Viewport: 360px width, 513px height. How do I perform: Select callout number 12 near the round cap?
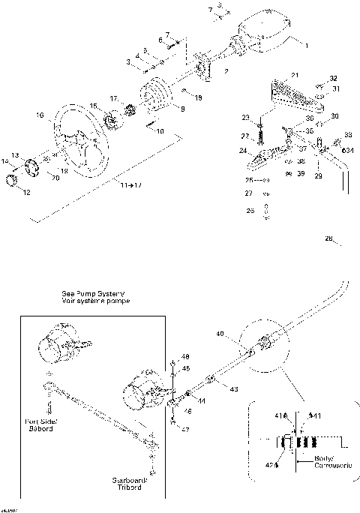pos(27,193)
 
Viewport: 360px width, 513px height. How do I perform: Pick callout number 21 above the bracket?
pos(295,75)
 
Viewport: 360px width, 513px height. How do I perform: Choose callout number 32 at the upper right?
pos(334,79)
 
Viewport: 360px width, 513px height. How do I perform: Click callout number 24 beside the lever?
pos(244,151)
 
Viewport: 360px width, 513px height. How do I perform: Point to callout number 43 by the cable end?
pos(235,389)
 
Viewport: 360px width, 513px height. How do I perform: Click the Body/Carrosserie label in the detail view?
pos(319,461)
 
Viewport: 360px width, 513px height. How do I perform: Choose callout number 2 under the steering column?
pos(226,72)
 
